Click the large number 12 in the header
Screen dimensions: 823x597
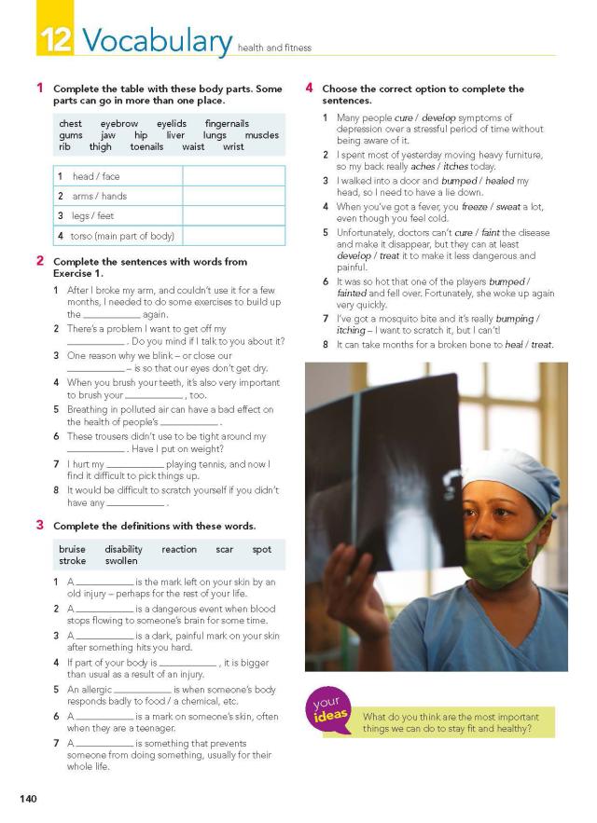(x=56, y=40)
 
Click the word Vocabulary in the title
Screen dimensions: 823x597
(x=157, y=40)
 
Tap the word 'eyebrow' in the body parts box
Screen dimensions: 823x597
(x=119, y=123)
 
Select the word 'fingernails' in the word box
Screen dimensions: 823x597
(x=227, y=123)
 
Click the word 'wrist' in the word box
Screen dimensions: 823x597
(x=233, y=146)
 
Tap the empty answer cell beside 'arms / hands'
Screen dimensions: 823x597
(x=233, y=196)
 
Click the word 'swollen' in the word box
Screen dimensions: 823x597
(x=121, y=561)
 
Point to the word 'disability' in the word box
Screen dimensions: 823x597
(x=123, y=549)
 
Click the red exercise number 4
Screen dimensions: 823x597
(x=310, y=89)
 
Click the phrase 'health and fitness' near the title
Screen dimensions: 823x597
(x=275, y=48)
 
